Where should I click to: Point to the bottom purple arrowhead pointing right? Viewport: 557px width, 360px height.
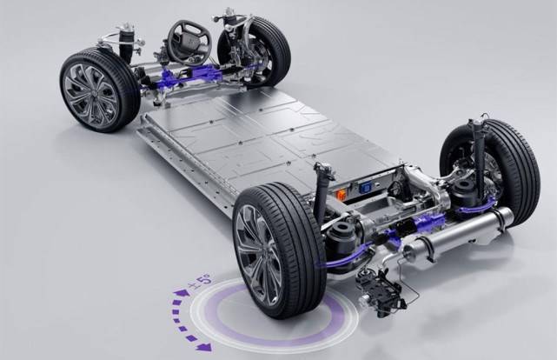203,347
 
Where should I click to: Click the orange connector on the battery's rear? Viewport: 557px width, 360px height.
341,193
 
